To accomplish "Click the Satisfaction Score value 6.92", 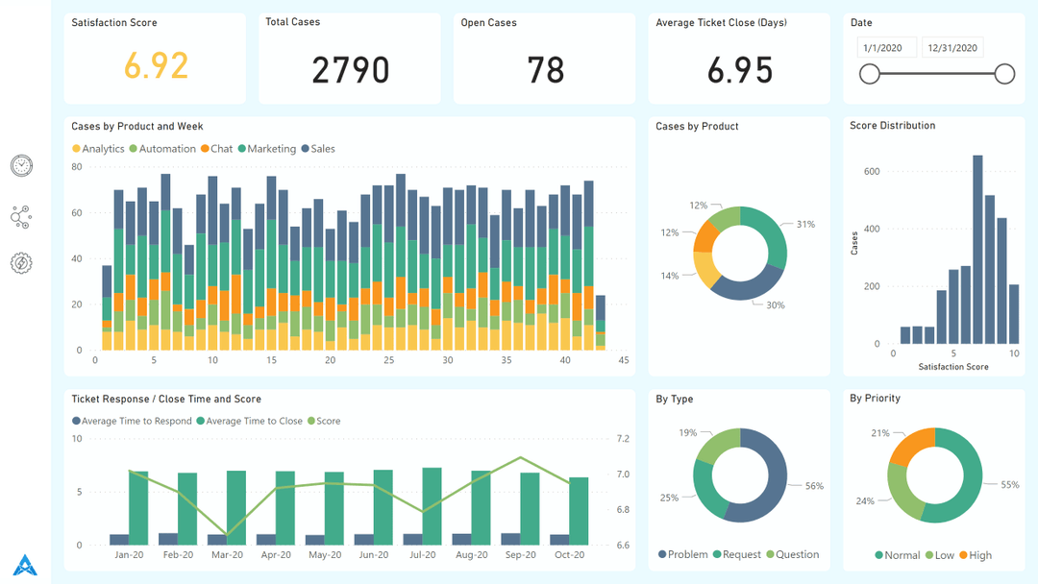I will (156, 65).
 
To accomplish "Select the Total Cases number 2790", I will (351, 70).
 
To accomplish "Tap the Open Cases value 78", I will (545, 70).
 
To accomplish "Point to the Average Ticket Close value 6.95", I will (739, 70).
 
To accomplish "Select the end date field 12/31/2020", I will (951, 48).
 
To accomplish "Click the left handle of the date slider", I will (870, 74).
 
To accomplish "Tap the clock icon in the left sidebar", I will (21, 166).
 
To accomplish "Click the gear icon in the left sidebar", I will (21, 263).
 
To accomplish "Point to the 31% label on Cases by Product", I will (804, 225).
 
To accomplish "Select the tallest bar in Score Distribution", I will (977, 249).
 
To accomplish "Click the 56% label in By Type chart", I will (813, 486).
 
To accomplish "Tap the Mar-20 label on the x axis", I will (227, 555).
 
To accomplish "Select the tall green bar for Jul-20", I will (432, 506).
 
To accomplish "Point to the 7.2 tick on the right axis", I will (623, 439).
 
